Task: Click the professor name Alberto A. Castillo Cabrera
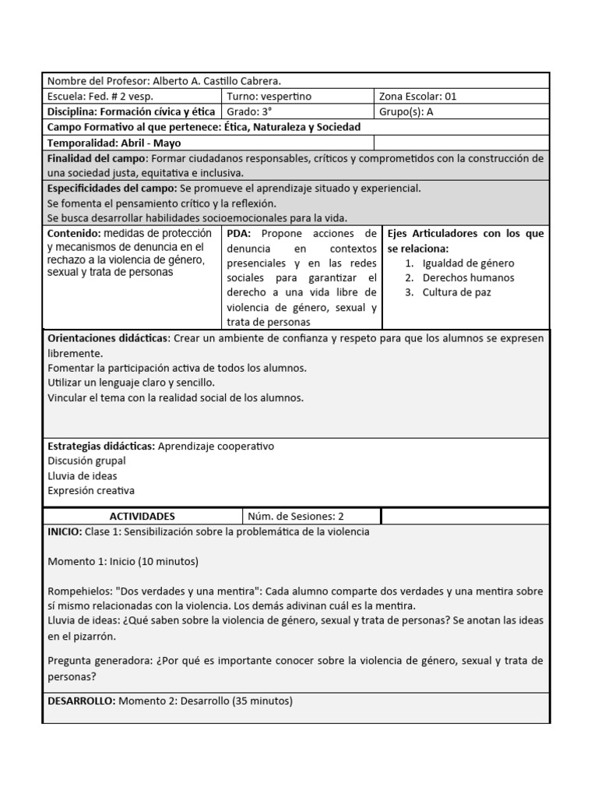pos(216,81)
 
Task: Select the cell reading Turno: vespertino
pos(269,97)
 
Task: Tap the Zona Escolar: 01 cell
pos(417,97)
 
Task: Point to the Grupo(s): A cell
pos(406,111)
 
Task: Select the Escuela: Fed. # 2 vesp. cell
pos(100,97)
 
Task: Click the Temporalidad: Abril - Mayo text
pos(114,143)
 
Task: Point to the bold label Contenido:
pos(74,234)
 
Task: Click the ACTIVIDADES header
pos(142,517)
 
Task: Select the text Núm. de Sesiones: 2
pos(295,517)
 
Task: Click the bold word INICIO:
pos(65,532)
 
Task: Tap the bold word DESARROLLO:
pos(81,701)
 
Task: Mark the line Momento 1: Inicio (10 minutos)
pos(123,562)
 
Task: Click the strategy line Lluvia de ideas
pos(83,476)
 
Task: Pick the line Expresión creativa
pos(91,491)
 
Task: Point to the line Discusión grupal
pos(86,461)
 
